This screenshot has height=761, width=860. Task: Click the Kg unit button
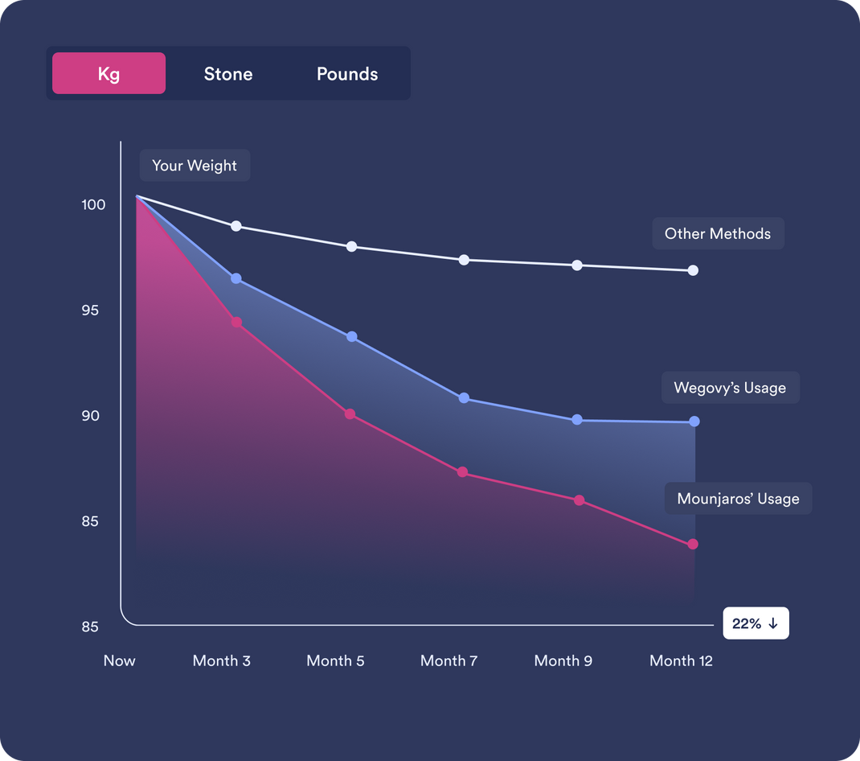[109, 74]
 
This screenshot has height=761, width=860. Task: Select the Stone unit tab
[228, 74]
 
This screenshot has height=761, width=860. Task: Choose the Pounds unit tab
[347, 74]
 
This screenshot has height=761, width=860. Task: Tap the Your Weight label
[195, 166]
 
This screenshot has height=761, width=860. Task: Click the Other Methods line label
[718, 234]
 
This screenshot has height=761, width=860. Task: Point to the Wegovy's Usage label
[730, 388]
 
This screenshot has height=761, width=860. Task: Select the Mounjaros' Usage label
[738, 499]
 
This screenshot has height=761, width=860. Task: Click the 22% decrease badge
[756, 623]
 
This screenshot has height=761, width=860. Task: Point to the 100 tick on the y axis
[93, 205]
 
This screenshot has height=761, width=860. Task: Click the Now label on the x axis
[119, 661]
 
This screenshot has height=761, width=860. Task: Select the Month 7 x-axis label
[448, 661]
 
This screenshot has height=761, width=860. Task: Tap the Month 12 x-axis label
[681, 661]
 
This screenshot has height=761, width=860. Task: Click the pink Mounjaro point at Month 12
[693, 545]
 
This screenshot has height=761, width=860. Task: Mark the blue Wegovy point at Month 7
[464, 398]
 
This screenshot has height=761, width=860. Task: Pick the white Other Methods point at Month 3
[236, 226]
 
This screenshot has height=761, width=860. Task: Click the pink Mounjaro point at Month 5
[350, 414]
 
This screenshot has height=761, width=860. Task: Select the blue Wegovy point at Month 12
[694, 422]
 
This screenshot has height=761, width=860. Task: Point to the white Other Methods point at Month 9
[577, 265]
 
